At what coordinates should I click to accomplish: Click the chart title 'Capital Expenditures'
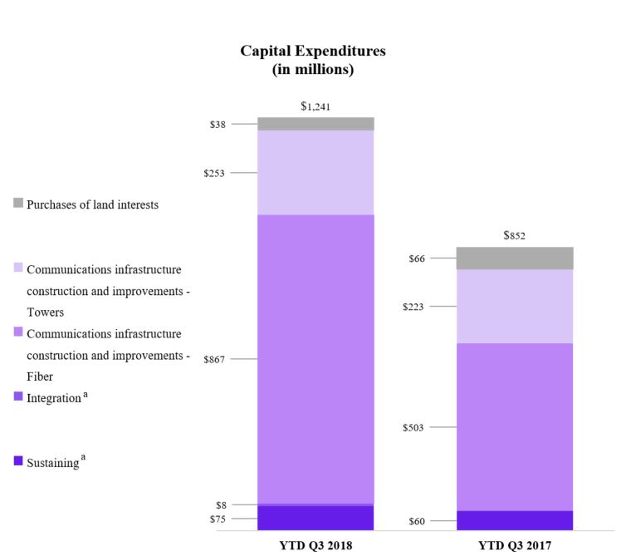click(x=313, y=51)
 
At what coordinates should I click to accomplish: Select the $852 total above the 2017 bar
click(x=514, y=235)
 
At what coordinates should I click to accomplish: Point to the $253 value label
click(x=215, y=173)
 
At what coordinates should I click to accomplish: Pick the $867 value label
click(x=215, y=359)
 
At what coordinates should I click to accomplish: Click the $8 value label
click(x=220, y=504)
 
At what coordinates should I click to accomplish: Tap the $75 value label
click(x=217, y=519)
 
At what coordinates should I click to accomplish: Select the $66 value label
click(x=416, y=258)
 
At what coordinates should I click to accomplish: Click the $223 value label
click(x=413, y=307)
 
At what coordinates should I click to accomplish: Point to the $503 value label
click(x=413, y=427)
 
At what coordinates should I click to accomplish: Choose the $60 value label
click(x=416, y=521)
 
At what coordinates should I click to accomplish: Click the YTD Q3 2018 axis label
click(x=315, y=546)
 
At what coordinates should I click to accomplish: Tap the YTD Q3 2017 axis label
click(x=514, y=546)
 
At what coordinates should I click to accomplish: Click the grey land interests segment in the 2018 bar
click(x=315, y=124)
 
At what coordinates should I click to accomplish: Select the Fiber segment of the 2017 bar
click(x=514, y=426)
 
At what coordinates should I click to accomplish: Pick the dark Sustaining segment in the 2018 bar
click(x=315, y=517)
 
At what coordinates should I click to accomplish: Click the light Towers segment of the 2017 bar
click(x=514, y=306)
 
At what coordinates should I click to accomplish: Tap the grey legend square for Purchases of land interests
click(x=18, y=204)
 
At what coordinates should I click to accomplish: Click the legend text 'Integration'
click(x=53, y=398)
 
